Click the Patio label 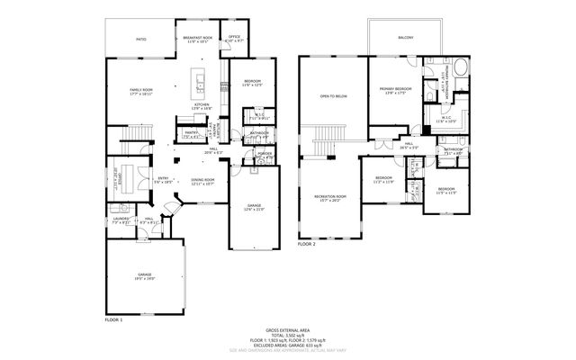coord(141,40)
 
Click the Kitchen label coord(202,106)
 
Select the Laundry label coord(121,220)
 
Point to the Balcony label coord(406,38)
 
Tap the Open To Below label coord(334,94)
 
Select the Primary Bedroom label coord(395,90)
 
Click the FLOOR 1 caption coord(113,319)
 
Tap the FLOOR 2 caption coord(307,244)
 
